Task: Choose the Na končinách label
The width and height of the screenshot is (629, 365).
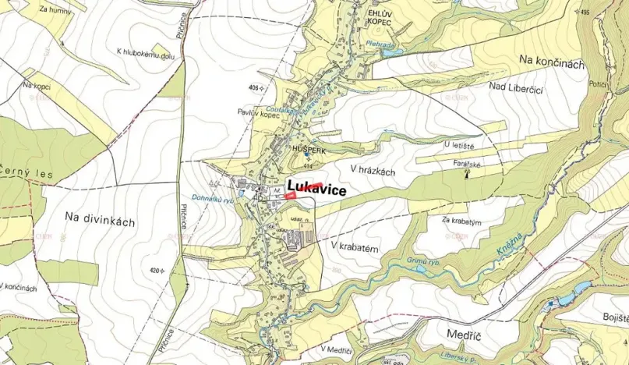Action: click(550, 64)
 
